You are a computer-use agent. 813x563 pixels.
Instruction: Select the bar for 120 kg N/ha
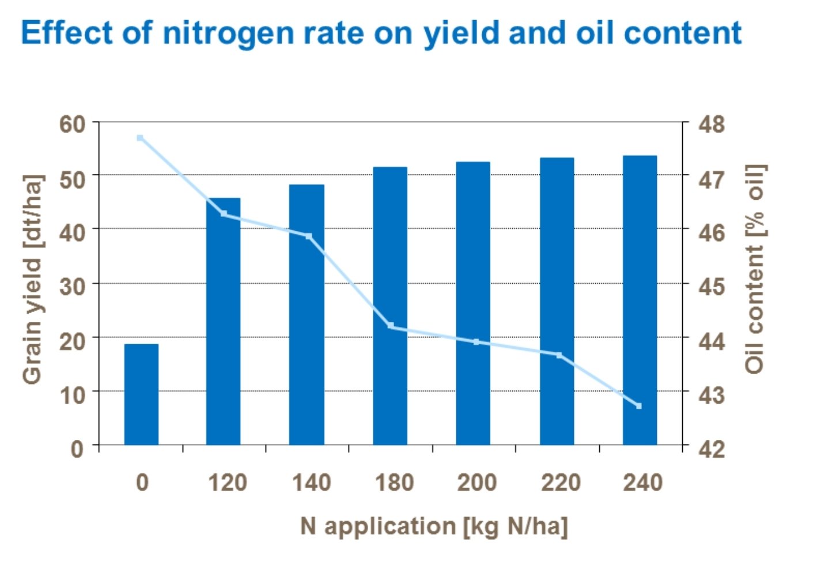pos(224,322)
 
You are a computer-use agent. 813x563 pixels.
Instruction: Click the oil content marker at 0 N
pos(140,138)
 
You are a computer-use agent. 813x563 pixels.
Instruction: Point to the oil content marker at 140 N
pos(309,237)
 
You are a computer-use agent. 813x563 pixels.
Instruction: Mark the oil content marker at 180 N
pos(391,326)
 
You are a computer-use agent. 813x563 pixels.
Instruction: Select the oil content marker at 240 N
pos(638,406)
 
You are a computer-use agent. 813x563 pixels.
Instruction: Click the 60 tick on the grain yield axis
pos(72,124)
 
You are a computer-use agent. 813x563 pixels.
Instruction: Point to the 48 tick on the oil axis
pos(712,124)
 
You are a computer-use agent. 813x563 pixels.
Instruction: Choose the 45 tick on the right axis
pos(712,286)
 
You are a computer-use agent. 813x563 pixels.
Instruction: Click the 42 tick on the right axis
pos(712,448)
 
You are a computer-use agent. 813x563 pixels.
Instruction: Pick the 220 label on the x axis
pos(560,482)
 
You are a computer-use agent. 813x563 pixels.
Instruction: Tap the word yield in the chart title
pos(462,33)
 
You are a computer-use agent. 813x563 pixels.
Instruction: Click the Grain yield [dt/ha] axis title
pos(32,279)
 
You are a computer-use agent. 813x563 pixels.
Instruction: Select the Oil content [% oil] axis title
pos(755,269)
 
